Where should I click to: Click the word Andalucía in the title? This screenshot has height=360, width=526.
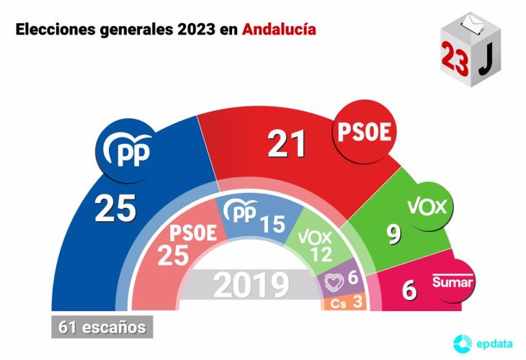coord(279,31)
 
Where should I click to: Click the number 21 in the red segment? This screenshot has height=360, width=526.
coord(287,144)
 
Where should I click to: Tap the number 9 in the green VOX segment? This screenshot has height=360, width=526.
coord(393,235)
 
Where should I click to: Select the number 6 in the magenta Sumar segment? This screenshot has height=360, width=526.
coord(409,290)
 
